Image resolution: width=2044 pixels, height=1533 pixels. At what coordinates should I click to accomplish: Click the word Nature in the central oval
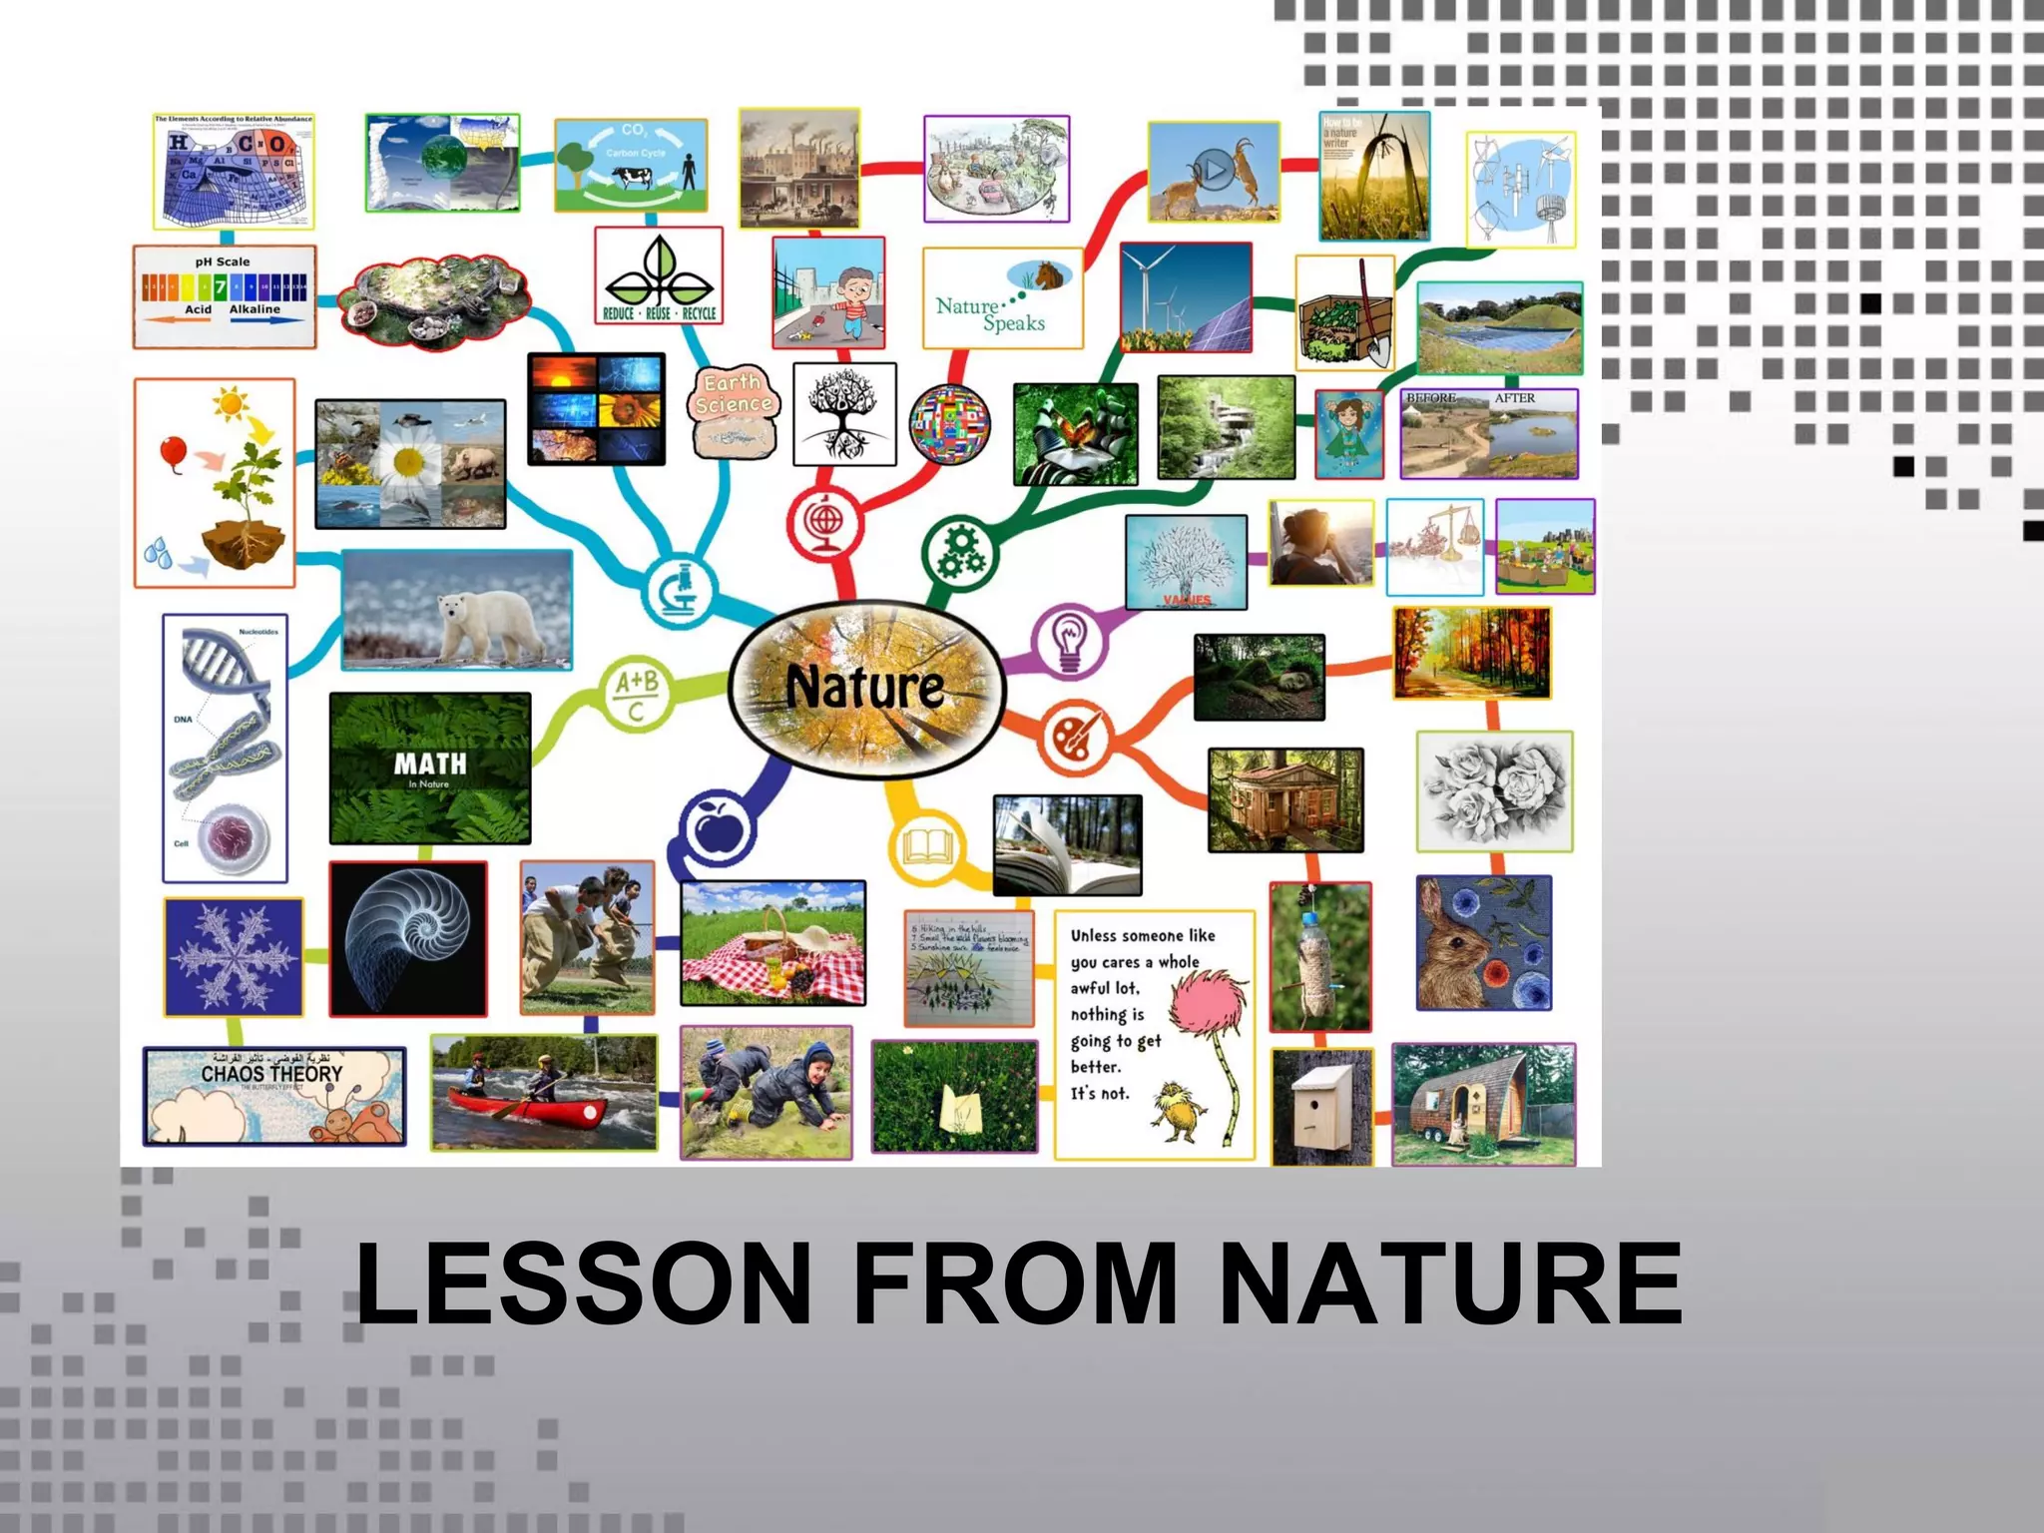(864, 688)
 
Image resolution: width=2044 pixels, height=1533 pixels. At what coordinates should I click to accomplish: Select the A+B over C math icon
(637, 695)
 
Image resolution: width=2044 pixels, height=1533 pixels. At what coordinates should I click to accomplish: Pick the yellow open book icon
(927, 847)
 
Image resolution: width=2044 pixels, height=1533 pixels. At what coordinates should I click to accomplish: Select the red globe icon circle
(824, 521)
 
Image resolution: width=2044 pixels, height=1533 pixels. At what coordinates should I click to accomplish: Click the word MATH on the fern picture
(429, 764)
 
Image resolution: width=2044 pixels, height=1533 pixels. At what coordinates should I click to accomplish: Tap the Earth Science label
(734, 395)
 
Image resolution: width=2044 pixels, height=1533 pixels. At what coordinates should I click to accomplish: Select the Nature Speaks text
(990, 313)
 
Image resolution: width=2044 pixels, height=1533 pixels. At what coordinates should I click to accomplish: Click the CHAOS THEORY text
(271, 1074)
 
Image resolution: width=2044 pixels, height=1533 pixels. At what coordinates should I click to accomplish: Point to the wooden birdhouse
(1322, 1107)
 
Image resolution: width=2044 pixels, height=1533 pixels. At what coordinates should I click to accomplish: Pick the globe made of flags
(950, 423)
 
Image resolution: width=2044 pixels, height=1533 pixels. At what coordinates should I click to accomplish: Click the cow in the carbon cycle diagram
(631, 178)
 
